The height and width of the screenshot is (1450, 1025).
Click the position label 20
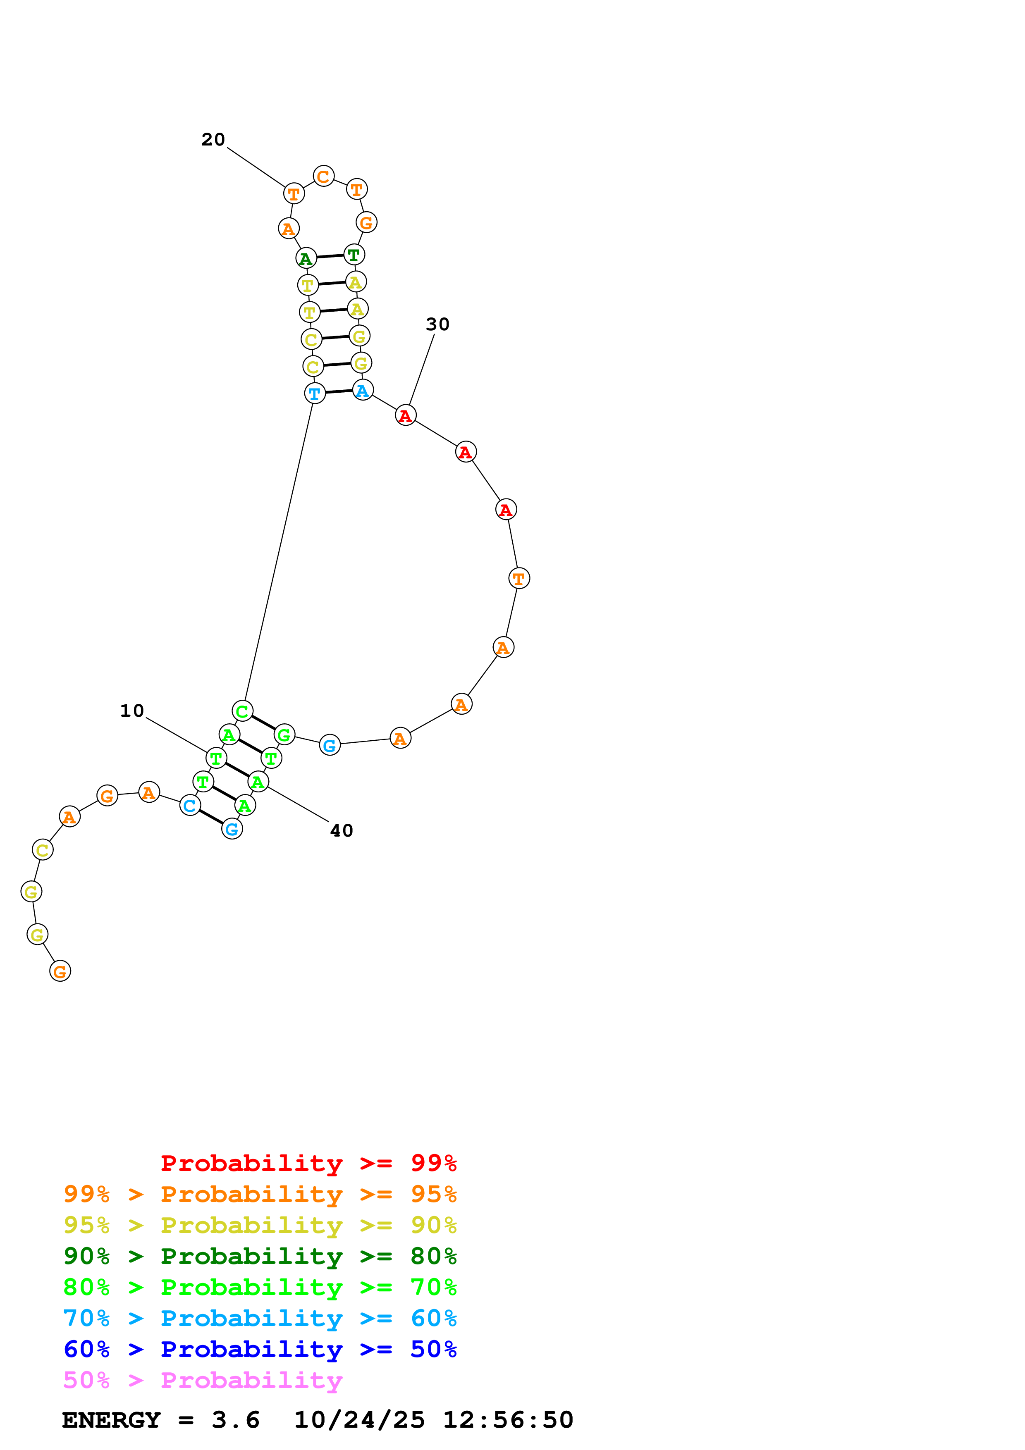[213, 140]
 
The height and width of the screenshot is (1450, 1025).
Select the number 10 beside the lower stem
[132, 711]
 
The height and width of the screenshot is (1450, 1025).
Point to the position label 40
[342, 831]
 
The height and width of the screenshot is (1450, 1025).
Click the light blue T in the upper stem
[315, 394]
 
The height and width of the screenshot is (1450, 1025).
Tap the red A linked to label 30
[406, 415]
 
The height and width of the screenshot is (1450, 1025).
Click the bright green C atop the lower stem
[243, 711]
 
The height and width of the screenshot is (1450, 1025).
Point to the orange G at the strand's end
[60, 971]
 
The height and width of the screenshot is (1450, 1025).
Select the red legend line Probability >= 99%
[308, 1163]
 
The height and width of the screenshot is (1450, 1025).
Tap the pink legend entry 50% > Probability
[203, 1381]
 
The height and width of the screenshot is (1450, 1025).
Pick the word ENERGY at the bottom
[111, 1420]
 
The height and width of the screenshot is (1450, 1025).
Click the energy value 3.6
[236, 1420]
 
